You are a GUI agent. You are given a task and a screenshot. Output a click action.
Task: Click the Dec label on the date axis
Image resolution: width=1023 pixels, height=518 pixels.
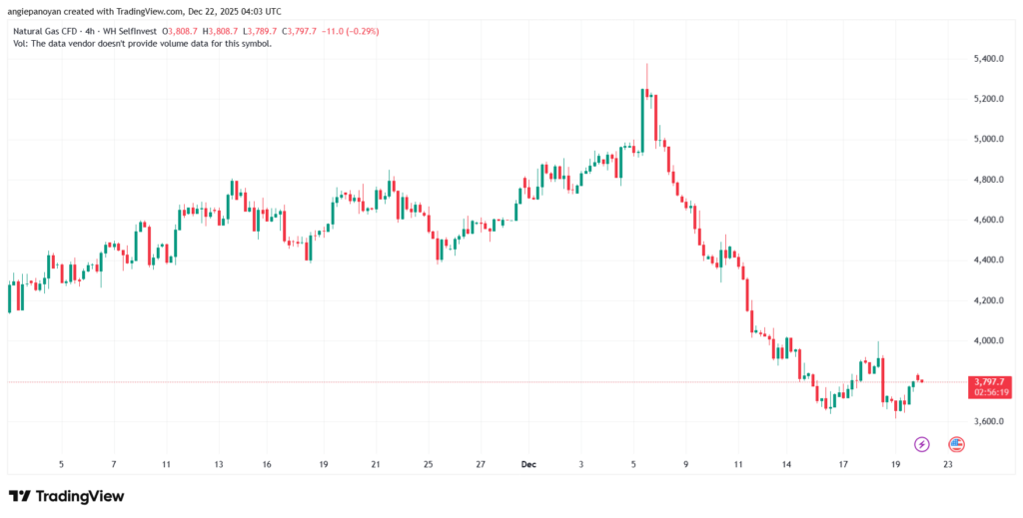[529, 464]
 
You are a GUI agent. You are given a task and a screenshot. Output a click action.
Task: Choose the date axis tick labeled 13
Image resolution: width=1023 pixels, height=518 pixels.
[219, 464]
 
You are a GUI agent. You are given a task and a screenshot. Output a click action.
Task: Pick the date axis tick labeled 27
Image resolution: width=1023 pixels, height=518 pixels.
[481, 464]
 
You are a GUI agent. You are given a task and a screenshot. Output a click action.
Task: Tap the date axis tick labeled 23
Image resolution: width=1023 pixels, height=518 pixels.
[947, 464]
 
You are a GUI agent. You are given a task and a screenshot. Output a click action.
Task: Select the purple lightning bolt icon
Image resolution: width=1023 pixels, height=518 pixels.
[922, 443]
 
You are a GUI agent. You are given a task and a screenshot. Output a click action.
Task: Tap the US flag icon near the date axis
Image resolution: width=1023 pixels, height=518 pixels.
[956, 443]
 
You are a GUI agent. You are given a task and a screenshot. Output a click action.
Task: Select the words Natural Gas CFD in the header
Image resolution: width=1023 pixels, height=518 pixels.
[48, 31]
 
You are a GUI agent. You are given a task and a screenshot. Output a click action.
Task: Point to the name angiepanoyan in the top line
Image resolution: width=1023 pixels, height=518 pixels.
[35, 10]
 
